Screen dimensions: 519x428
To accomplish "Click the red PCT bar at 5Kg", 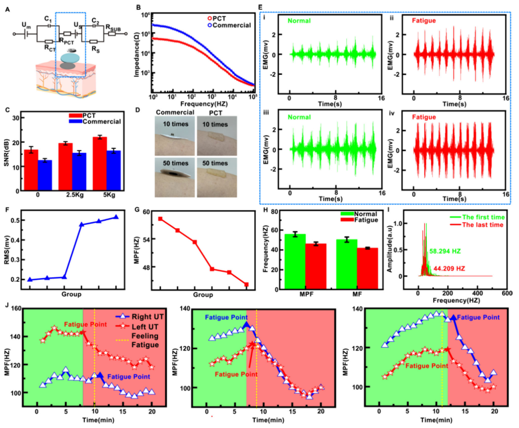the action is [x=100, y=164].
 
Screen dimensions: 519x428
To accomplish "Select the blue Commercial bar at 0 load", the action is [x=45, y=175].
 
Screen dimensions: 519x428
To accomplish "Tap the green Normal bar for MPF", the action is [x=295, y=261].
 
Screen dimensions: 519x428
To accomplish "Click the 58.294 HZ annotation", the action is [x=445, y=251].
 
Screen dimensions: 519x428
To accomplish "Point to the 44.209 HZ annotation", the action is [x=449, y=268].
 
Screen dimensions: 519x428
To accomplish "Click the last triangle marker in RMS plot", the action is [x=116, y=217].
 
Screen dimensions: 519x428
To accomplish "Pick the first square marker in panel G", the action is [x=160, y=219].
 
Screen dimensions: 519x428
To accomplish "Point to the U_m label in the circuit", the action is [x=26, y=25].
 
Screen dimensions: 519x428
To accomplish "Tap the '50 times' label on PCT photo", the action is [x=215, y=163].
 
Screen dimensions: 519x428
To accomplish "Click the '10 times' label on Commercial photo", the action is [x=176, y=124].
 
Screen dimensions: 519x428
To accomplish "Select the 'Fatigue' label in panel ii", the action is [x=424, y=20].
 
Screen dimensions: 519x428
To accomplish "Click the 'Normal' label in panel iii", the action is [x=299, y=117].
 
